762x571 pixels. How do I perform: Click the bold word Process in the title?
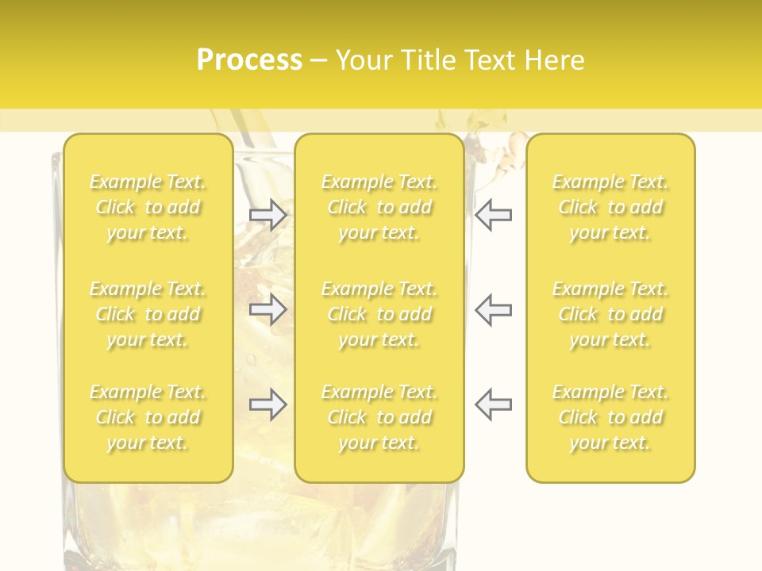click(x=249, y=60)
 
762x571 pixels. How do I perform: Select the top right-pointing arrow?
click(x=268, y=215)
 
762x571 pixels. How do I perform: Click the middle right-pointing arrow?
click(x=268, y=309)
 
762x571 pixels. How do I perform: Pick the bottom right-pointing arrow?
click(x=268, y=404)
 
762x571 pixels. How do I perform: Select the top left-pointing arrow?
click(x=494, y=215)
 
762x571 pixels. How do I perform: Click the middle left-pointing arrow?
click(x=494, y=309)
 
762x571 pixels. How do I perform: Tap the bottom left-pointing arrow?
click(x=494, y=404)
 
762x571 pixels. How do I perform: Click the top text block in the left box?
click(x=148, y=208)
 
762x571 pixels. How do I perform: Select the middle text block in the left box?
click(x=148, y=314)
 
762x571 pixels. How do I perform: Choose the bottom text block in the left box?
click(x=148, y=417)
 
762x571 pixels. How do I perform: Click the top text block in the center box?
click(x=379, y=208)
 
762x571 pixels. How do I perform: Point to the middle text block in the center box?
click(x=379, y=314)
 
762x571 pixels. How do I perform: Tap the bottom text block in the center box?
click(x=379, y=417)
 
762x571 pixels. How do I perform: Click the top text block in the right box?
click(x=610, y=208)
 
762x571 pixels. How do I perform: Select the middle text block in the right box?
click(x=610, y=314)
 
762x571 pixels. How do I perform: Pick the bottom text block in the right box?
click(x=610, y=417)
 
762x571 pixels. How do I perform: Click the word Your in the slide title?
click(x=364, y=60)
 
